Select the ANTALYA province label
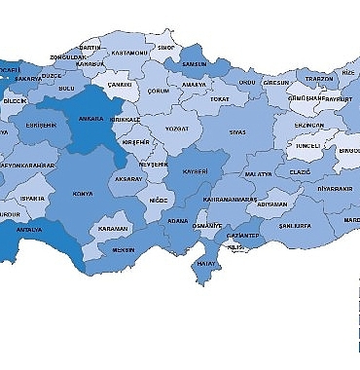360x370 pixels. pyautogui.click(x=30, y=230)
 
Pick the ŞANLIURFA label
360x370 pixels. pyautogui.click(x=294, y=225)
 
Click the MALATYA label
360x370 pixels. pyautogui.click(x=258, y=173)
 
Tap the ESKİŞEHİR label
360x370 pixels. pyautogui.click(x=43, y=126)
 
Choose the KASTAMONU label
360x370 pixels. pyautogui.click(x=129, y=53)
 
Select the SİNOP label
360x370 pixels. pyautogui.click(x=166, y=47)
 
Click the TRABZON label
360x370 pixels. pyautogui.click(x=319, y=79)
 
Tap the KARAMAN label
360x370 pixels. pyautogui.click(x=114, y=229)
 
